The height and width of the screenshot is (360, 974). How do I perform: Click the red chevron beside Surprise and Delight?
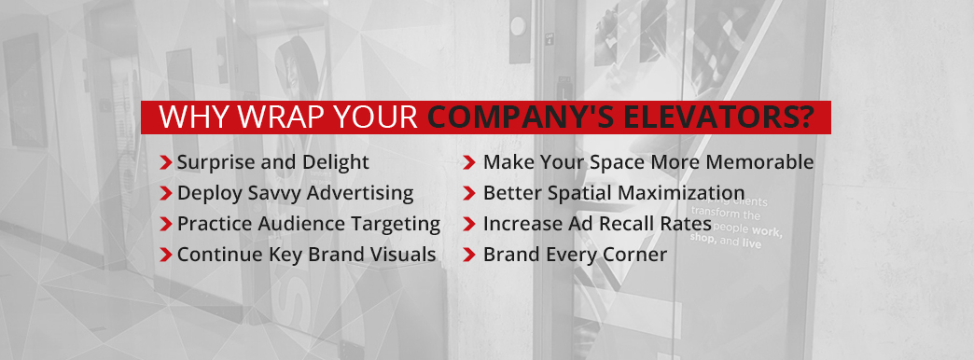pos(166,163)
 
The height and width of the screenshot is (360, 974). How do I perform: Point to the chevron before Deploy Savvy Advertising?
pos(166,194)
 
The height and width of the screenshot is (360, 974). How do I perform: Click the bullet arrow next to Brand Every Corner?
pos(470,255)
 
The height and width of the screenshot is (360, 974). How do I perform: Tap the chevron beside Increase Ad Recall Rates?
pos(470,225)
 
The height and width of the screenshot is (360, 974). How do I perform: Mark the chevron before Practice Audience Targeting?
pos(166,225)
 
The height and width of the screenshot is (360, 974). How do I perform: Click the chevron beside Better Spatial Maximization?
pos(470,194)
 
